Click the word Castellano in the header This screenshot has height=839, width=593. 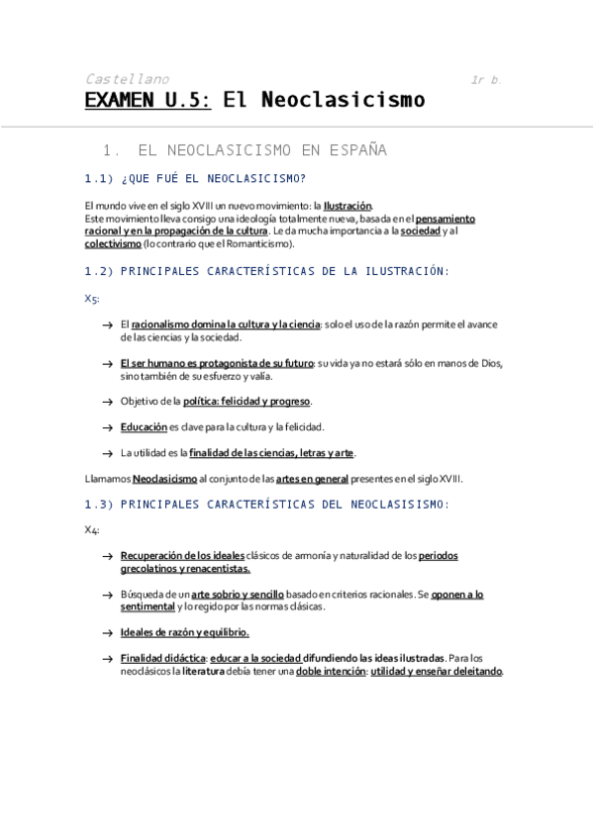pos(127,78)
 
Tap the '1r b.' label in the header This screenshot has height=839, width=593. pos(487,78)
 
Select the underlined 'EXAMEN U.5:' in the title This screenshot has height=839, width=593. pos(148,100)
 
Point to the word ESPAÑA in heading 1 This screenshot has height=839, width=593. pos(350,151)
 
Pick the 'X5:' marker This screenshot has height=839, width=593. pos(92,298)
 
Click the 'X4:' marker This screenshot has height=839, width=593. pos(92,531)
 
